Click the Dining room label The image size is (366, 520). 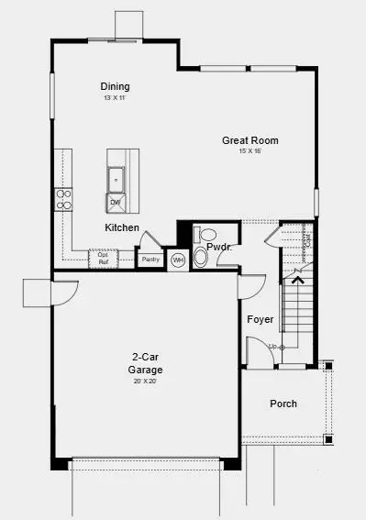[115, 86]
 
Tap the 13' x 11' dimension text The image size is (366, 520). [115, 97]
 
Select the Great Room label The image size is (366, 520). [250, 140]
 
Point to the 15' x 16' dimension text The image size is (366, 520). [250, 151]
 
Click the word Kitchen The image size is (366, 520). [122, 227]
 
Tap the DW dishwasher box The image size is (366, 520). [116, 201]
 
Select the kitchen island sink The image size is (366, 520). [116, 177]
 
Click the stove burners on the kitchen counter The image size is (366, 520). [63, 199]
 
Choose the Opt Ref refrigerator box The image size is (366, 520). [103, 260]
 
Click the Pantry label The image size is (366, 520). [150, 260]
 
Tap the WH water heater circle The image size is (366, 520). [178, 260]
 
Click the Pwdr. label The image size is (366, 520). [218, 248]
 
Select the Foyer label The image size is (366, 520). [261, 319]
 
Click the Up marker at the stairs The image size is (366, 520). [273, 347]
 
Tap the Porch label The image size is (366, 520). [283, 404]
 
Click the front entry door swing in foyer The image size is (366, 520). [255, 351]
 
